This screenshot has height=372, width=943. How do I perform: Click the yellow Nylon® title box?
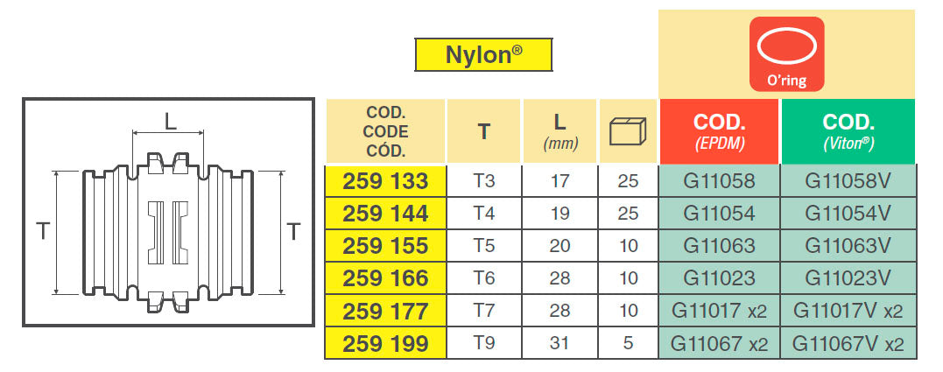[483, 54]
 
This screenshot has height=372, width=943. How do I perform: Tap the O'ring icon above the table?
[786, 54]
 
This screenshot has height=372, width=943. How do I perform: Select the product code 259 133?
[385, 181]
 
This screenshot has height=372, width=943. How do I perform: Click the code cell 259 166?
[385, 278]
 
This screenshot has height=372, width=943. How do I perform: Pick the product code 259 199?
[385, 343]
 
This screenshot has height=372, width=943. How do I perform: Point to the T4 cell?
[484, 214]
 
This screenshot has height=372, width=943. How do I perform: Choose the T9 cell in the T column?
[484, 343]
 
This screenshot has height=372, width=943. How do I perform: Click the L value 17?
[559, 181]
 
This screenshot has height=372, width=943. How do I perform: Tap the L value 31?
[559, 343]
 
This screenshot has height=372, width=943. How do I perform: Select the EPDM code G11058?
[719, 181]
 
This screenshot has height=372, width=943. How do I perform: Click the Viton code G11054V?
[848, 214]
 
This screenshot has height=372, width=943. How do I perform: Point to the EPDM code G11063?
[719, 246]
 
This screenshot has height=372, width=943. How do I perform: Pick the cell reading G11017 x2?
[719, 311]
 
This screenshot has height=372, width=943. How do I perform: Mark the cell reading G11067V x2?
[848, 343]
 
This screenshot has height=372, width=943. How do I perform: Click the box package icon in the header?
[627, 131]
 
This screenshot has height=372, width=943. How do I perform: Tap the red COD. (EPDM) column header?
[719, 131]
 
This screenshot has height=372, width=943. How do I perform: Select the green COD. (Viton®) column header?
[848, 131]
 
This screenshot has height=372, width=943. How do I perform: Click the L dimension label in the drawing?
[171, 122]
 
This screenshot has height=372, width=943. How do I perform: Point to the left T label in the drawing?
[42, 231]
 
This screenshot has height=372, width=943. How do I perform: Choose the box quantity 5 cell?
[628, 343]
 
